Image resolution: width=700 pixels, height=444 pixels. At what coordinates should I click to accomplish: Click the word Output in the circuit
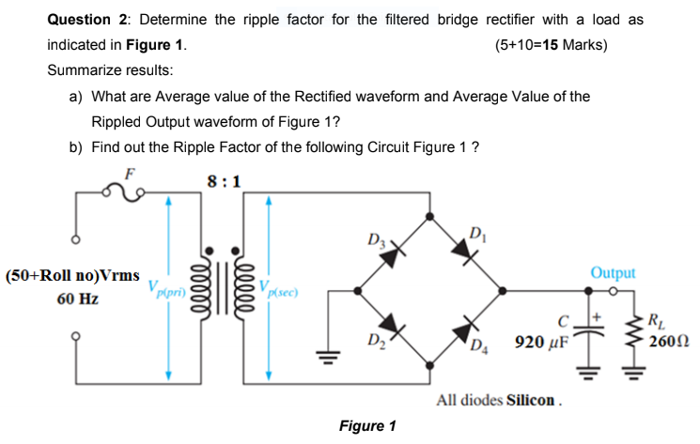click(613, 273)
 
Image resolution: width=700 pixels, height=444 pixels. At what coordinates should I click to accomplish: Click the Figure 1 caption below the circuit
click(366, 425)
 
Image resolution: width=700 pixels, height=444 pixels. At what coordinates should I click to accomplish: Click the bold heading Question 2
click(86, 20)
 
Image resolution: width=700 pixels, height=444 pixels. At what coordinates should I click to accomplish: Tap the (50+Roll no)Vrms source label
click(71, 278)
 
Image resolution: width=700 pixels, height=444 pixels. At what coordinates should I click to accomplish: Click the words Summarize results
click(110, 70)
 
